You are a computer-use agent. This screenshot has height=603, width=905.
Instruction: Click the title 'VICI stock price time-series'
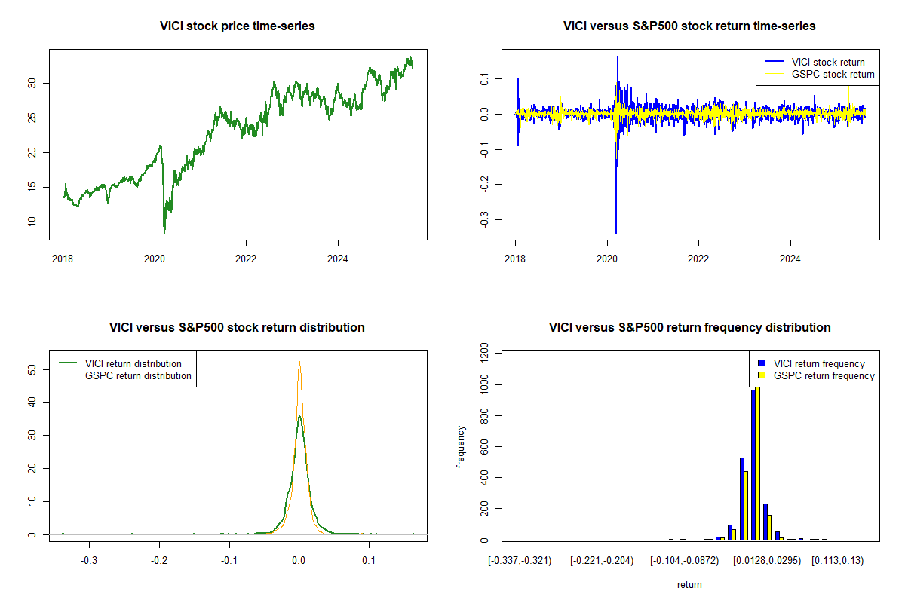click(x=238, y=26)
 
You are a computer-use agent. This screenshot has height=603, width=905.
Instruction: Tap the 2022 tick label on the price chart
click(x=246, y=257)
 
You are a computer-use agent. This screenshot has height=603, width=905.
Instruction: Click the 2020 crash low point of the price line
click(x=164, y=232)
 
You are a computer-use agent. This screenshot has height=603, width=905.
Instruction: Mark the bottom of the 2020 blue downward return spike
click(x=616, y=233)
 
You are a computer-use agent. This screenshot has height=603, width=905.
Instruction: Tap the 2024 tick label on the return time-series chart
click(x=790, y=257)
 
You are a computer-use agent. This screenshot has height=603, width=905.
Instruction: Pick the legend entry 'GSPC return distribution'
click(x=138, y=375)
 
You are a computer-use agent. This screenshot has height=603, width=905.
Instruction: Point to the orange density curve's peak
click(x=299, y=362)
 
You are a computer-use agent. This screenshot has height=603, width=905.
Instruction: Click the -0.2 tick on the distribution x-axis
click(x=159, y=561)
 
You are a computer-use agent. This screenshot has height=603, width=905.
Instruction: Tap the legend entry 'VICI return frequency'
click(x=819, y=363)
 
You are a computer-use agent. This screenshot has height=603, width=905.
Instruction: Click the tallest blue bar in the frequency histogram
click(x=753, y=464)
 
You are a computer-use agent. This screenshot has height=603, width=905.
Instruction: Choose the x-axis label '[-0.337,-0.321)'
click(x=520, y=561)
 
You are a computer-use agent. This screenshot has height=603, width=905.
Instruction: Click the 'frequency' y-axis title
click(x=461, y=447)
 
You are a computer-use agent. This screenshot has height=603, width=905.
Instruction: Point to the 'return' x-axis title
click(x=689, y=584)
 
